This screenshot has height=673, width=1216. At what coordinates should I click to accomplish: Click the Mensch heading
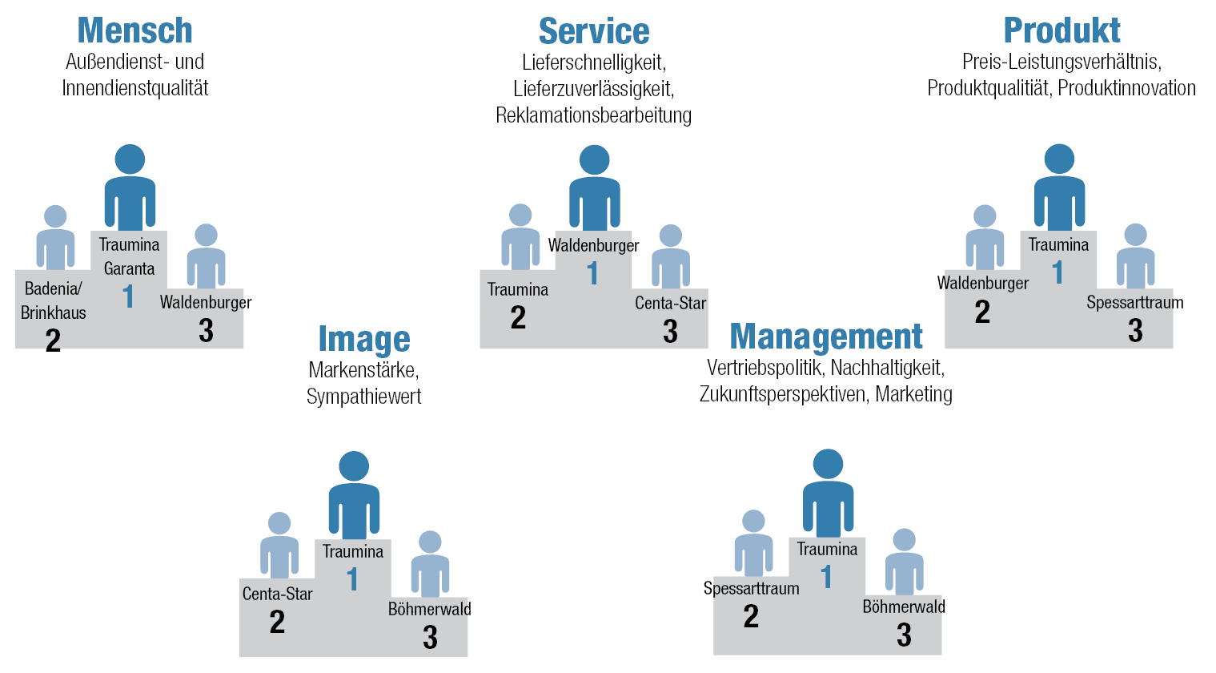(x=134, y=30)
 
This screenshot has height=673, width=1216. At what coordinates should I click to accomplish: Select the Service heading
(x=594, y=31)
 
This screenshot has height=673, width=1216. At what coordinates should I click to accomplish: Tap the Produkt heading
(x=1061, y=30)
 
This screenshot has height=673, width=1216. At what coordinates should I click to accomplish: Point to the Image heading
(x=364, y=339)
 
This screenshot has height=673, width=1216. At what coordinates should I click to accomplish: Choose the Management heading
(x=826, y=336)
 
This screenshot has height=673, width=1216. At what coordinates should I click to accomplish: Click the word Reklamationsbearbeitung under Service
(x=593, y=115)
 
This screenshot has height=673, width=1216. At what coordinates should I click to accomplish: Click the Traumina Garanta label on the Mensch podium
(x=129, y=256)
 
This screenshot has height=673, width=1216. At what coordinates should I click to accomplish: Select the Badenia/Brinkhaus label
(x=53, y=300)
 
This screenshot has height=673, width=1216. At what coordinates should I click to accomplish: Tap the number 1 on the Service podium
(x=592, y=274)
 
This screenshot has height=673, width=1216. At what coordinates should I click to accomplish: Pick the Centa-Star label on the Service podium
(x=670, y=303)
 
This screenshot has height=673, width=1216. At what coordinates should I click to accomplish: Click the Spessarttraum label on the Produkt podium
(x=1134, y=303)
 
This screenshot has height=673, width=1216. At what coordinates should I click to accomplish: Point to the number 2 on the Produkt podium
(x=982, y=312)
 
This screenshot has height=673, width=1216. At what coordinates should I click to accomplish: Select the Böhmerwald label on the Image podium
(x=429, y=609)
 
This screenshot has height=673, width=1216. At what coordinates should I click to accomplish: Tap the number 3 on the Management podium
(x=904, y=635)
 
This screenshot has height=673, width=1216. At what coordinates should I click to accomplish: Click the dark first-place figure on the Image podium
(x=354, y=497)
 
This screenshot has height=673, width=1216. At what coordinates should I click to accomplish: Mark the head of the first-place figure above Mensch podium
(x=130, y=159)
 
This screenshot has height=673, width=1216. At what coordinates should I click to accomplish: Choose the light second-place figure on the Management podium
(x=753, y=545)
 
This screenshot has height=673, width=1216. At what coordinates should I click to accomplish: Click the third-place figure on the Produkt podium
(x=1135, y=258)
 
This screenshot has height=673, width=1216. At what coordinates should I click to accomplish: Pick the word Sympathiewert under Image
(x=364, y=397)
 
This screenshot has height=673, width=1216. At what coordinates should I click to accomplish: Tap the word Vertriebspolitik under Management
(x=765, y=369)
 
